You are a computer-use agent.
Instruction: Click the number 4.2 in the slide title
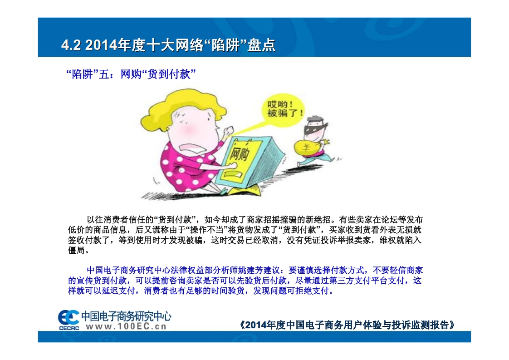(71, 45)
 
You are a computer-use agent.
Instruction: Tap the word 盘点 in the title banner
(261, 45)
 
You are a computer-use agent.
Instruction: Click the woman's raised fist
(229, 130)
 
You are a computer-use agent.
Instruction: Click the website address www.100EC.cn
(126, 326)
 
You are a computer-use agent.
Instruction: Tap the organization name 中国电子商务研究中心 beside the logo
(126, 316)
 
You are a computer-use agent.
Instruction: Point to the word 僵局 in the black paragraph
(77, 250)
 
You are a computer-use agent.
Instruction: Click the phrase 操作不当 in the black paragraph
(207, 230)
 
